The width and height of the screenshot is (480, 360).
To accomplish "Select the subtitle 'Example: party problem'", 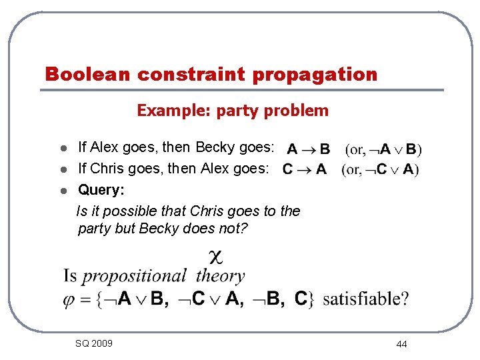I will tap(233, 111).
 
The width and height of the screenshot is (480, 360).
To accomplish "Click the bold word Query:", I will tap(101, 191).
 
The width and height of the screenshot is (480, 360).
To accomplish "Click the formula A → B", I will tap(308, 149).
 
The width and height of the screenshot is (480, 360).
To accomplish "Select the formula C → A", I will tap(304, 170).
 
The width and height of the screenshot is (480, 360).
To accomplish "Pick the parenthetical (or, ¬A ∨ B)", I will tap(383, 149).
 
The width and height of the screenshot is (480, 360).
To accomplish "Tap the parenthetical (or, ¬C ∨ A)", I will tap(380, 170).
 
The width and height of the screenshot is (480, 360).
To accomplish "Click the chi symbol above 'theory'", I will tap(215, 255).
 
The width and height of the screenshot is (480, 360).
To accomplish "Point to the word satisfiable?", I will tap(366, 299).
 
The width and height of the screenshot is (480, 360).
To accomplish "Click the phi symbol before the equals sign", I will tap(70, 299).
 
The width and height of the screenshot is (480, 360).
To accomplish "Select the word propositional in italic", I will tap(134, 276).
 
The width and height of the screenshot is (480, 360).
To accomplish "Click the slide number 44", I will tap(401, 344).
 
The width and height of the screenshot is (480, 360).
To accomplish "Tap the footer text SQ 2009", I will tap(94, 343).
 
